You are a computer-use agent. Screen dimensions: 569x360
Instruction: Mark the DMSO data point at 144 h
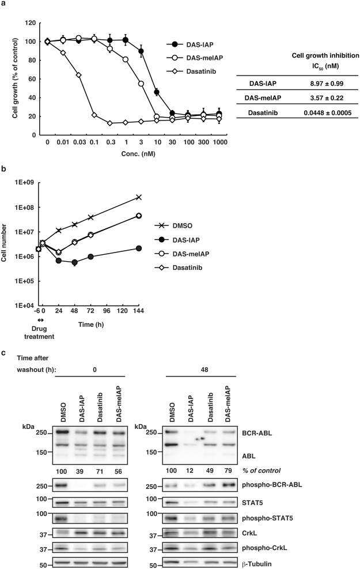pyautogui.click(x=138, y=197)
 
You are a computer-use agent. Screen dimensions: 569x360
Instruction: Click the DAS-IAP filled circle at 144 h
pyautogui.click(x=138, y=248)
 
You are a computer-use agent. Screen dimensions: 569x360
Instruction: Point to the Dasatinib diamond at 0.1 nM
pyautogui.click(x=94, y=115)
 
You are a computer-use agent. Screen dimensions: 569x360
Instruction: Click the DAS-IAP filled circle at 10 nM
pyautogui.click(x=156, y=92)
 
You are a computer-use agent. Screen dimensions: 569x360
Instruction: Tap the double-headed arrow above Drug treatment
pyautogui.click(x=39, y=320)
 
